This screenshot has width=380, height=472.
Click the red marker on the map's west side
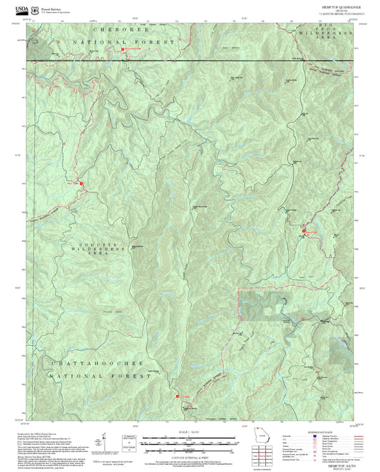tap(81, 183)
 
